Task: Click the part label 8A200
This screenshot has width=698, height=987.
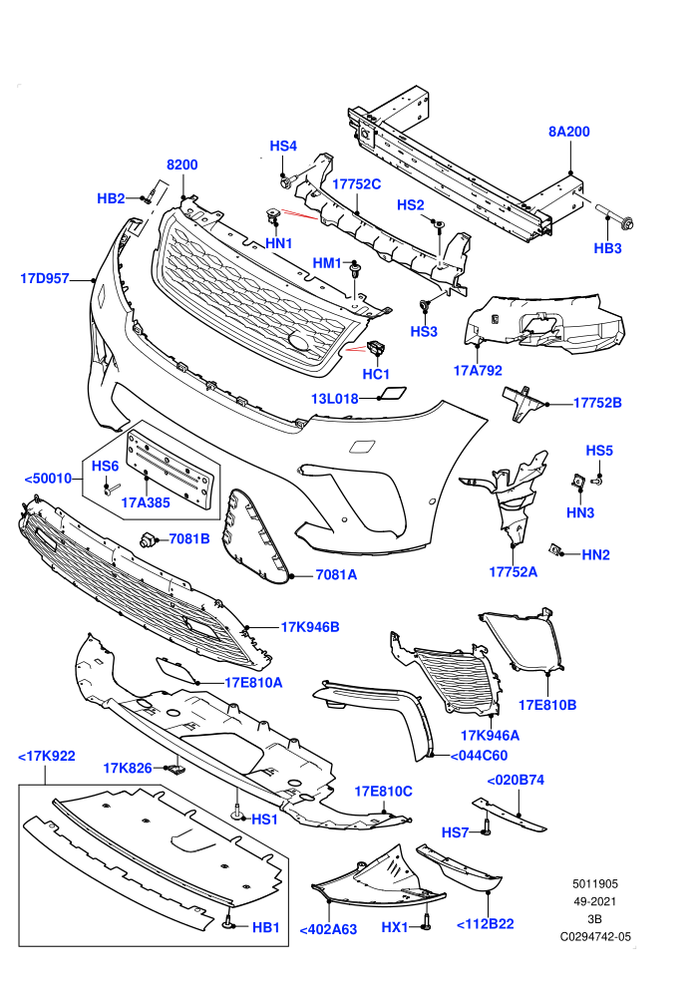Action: pyautogui.click(x=569, y=132)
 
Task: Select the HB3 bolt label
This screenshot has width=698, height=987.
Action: pyautogui.click(x=607, y=248)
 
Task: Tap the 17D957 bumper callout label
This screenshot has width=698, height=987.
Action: pyautogui.click(x=45, y=277)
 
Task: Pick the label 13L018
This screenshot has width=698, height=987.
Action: pyautogui.click(x=335, y=399)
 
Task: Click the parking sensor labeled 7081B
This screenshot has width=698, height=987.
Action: pyautogui.click(x=149, y=538)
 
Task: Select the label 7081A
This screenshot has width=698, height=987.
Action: pyautogui.click(x=336, y=574)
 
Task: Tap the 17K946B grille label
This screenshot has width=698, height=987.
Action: pyautogui.click(x=310, y=627)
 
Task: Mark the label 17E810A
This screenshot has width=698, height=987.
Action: pyautogui.click(x=253, y=682)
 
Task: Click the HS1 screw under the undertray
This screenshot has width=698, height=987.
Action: pyautogui.click(x=237, y=812)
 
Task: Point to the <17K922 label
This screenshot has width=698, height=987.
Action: pyautogui.click(x=47, y=756)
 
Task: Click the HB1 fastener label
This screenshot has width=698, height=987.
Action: pyautogui.click(x=265, y=927)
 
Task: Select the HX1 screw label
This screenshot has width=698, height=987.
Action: pyautogui.click(x=395, y=927)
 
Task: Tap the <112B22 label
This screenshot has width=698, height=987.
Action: pyautogui.click(x=485, y=924)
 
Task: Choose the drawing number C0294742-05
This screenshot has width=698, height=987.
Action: pyautogui.click(x=595, y=936)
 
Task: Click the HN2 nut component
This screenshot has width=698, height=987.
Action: pyautogui.click(x=554, y=549)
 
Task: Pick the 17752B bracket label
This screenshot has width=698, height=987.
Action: pyautogui.click(x=597, y=402)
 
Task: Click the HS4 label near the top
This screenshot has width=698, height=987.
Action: pyautogui.click(x=283, y=146)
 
